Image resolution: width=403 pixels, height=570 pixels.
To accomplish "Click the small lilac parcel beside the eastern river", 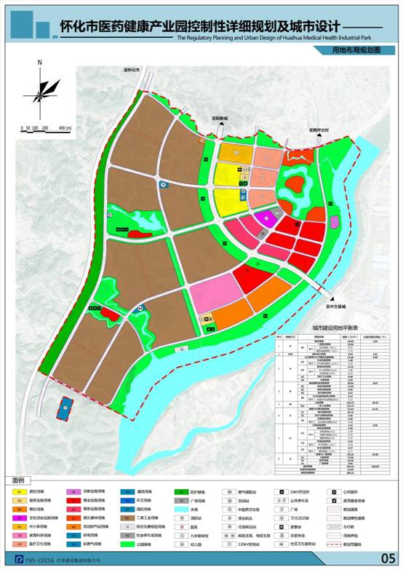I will pos(334,222).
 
